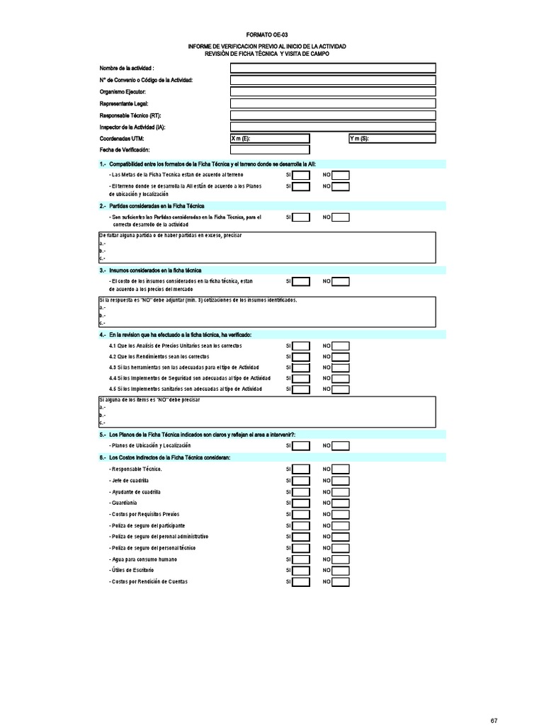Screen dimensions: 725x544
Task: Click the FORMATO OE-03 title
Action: pos(267,34)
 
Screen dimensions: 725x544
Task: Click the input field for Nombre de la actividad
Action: pos(332,68)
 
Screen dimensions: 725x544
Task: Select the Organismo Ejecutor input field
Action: pos(332,92)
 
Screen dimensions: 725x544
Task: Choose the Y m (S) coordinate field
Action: pos(391,139)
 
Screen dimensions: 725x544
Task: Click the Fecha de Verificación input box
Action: pos(270,150)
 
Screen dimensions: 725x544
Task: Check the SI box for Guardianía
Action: pos(301,503)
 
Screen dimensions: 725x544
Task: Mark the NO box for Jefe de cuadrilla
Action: pos(341,481)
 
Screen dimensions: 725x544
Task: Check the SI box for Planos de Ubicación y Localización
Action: pos(301,446)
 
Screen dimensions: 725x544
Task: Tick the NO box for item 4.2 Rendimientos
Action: pos(341,357)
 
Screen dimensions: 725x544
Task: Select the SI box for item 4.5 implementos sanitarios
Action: pos(301,389)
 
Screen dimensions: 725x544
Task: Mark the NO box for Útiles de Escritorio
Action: pos(341,571)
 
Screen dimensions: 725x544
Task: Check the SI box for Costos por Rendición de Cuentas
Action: pos(301,583)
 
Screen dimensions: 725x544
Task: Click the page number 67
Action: pos(494,721)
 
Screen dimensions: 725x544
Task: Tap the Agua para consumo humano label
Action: pos(138,559)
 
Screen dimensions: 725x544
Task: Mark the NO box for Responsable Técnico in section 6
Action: pos(341,469)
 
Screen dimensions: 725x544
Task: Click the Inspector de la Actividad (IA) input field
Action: pos(332,127)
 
